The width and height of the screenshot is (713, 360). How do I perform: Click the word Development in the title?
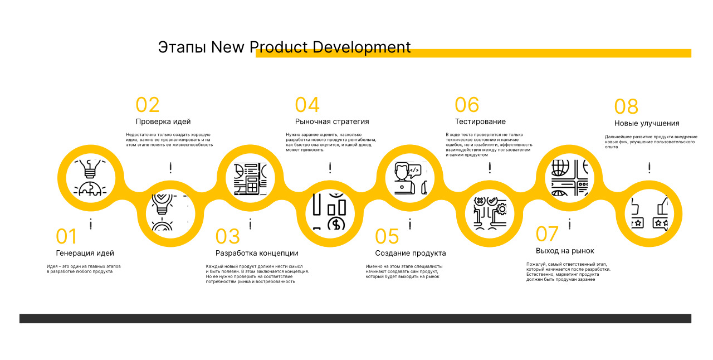click(x=362, y=47)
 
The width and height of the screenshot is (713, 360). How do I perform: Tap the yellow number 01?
click(x=66, y=236)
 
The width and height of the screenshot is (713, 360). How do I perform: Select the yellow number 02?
click(x=148, y=105)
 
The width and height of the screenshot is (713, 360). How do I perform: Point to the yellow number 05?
click(x=387, y=236)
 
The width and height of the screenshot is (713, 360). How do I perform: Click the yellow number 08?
click(x=626, y=106)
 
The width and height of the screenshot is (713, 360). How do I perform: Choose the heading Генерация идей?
click(x=85, y=253)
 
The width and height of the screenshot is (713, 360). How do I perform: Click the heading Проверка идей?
click(x=163, y=121)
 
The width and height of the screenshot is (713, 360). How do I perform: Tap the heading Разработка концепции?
click(x=257, y=253)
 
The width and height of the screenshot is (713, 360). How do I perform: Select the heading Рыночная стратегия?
click(x=332, y=121)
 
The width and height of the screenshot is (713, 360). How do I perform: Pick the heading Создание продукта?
click(x=411, y=253)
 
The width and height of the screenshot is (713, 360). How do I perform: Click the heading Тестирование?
click(x=480, y=121)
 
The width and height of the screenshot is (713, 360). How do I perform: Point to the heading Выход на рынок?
click(x=565, y=251)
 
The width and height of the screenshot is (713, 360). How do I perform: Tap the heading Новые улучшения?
click(x=647, y=124)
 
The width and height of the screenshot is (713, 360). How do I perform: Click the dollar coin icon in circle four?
click(x=336, y=224)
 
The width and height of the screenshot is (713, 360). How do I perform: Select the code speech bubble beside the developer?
click(x=414, y=171)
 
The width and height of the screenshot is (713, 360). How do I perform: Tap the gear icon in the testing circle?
click(x=502, y=209)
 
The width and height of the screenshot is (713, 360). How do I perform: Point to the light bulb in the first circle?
click(x=90, y=168)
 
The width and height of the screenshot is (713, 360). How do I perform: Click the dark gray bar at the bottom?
click(x=355, y=319)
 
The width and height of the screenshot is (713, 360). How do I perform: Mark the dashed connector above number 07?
click(x=570, y=224)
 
